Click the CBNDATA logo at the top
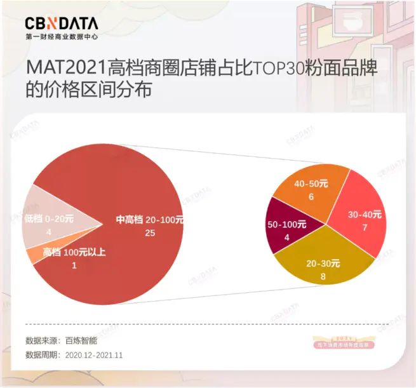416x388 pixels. tap(62, 23)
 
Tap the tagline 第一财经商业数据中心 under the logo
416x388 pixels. tap(62, 37)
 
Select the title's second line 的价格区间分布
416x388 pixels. tap(88, 90)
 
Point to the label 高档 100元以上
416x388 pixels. tap(74, 253)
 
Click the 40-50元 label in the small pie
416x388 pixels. tap(311, 184)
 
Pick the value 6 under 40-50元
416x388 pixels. tap(311, 197)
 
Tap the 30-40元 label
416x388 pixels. tap(365, 215)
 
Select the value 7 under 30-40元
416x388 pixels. tap(365, 227)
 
